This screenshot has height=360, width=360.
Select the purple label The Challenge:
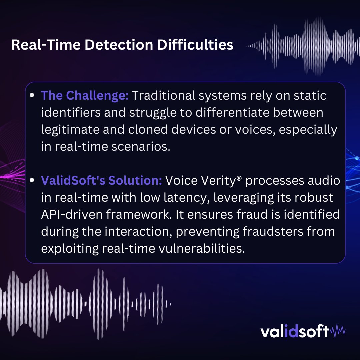pos(85,96)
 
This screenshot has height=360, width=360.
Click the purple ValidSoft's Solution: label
pos(101,180)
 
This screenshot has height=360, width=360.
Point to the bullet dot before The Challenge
pos(32,96)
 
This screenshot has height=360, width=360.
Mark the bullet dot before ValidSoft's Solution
pos(32,180)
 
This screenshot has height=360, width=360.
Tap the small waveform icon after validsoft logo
pos(338,331)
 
